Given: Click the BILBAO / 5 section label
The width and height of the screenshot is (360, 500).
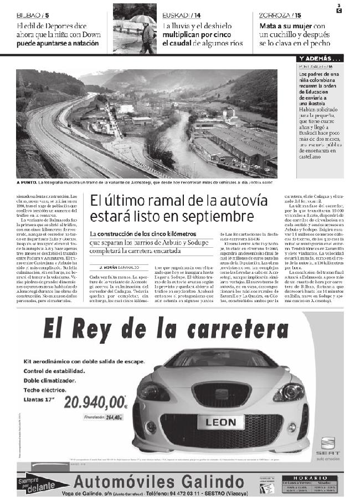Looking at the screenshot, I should click(33, 14).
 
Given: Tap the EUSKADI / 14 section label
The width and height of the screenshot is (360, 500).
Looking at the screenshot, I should click(182, 14).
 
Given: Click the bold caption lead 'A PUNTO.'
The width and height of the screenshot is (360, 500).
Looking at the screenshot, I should click(27, 182).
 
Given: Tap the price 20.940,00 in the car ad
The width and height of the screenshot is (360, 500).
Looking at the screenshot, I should click(95, 400).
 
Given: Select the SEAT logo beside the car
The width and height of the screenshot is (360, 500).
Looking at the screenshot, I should click(328, 445).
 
